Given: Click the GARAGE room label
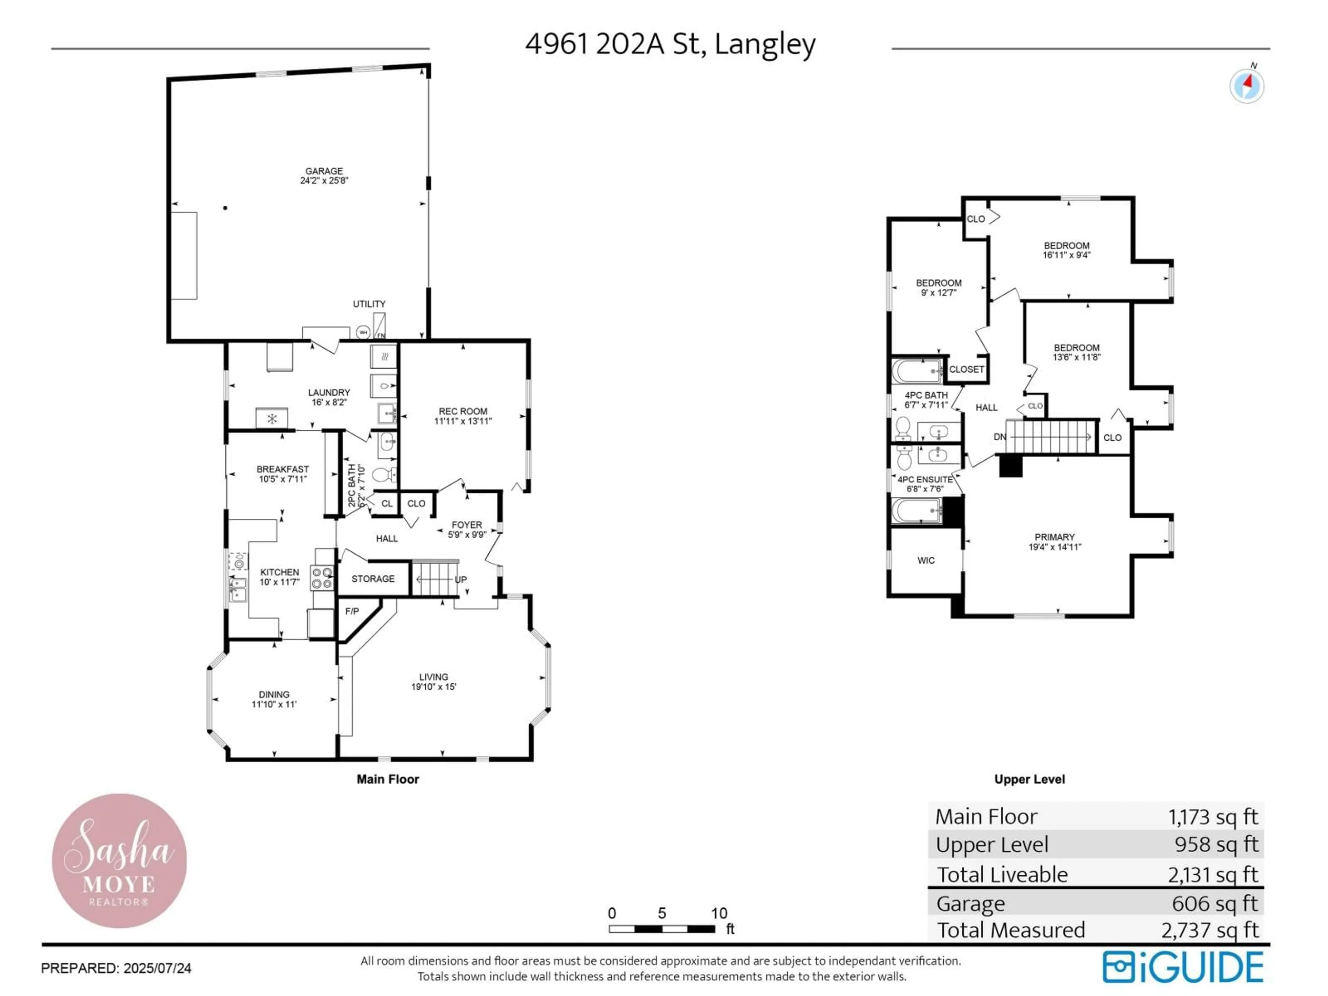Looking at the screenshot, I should click(324, 171).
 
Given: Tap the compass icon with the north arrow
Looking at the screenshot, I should click(1247, 86).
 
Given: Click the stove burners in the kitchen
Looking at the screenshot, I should click(322, 578).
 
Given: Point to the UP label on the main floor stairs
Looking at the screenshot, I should click(461, 579).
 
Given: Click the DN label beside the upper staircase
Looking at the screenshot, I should click(999, 437).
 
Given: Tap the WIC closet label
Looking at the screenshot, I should click(926, 560).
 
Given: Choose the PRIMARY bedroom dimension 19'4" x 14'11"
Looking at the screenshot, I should click(1055, 547).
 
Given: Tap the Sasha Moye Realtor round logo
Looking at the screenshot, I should click(119, 860).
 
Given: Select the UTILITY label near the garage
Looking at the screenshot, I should click(369, 304).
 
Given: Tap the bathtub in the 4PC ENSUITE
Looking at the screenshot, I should click(915, 511).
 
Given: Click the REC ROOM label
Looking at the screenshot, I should click(463, 411).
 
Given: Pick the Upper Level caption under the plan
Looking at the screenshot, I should click(1030, 779).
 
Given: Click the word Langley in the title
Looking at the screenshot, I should click(765, 44).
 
